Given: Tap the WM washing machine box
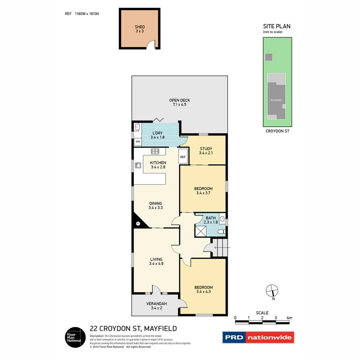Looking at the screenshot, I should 138,142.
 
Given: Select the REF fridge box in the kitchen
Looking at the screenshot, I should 183,157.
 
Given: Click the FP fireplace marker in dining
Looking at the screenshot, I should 138,223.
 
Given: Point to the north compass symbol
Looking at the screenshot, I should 272,290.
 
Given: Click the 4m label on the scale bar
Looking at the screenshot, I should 289,318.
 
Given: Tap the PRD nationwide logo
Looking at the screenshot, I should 258,337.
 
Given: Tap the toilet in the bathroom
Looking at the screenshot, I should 221,232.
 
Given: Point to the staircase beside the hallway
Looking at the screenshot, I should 220,248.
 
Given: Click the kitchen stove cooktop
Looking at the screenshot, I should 155,151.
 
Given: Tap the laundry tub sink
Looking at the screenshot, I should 137,127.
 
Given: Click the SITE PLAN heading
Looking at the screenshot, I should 277,26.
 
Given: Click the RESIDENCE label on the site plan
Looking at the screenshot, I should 276,100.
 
